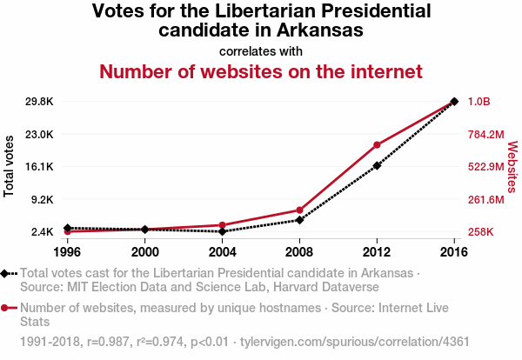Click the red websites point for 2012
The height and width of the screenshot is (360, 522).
[377, 144]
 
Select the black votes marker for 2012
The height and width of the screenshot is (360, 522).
[377, 165]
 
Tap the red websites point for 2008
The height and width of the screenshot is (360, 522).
[299, 210]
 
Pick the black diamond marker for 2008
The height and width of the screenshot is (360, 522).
[299, 220]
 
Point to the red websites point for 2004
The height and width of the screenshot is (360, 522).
[223, 225]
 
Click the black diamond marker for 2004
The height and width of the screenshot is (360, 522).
[223, 231]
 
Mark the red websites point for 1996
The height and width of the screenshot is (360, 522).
[68, 231]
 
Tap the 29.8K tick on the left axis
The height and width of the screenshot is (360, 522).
[38, 102]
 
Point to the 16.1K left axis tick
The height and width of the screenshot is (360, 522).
[38, 167]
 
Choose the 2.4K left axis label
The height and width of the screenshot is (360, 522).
[41, 232]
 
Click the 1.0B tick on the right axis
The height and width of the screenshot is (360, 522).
[479, 102]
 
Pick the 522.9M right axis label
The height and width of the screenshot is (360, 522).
[486, 167]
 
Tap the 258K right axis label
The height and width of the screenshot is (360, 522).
[481, 232]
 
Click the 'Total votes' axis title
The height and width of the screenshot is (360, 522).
[10, 166]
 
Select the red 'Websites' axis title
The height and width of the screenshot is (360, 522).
[512, 166]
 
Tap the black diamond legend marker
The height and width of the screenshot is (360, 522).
[6, 273]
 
